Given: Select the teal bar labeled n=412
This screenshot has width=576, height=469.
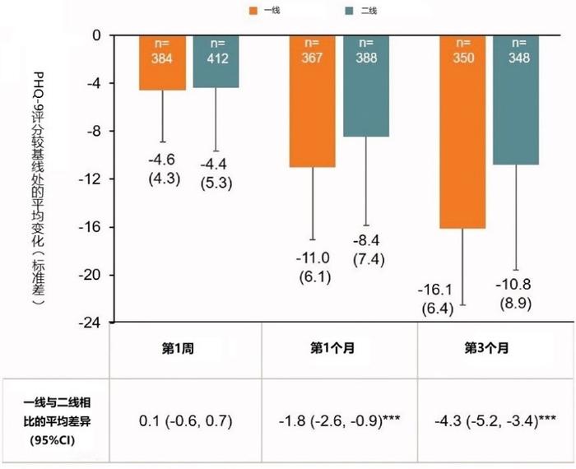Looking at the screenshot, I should (x=216, y=62).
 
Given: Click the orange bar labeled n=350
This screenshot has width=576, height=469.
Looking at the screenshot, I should (x=463, y=132).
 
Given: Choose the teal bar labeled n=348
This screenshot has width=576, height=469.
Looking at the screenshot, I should (x=517, y=100).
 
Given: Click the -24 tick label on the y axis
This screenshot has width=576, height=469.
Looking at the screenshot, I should (x=91, y=322).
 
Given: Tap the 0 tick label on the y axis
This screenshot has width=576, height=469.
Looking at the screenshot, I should (x=96, y=35).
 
